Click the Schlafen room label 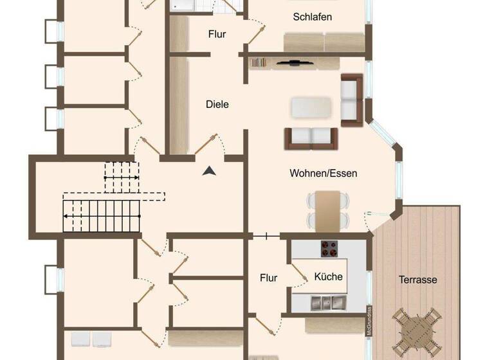tap(312, 17)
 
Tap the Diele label tap(217, 104)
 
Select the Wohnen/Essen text tap(323, 173)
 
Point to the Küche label tap(328, 276)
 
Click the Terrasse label tap(417, 280)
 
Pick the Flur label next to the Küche tap(268, 278)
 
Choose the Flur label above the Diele tap(217, 34)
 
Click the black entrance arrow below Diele tap(208, 170)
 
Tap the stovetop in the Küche tap(329, 248)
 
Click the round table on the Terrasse tap(417, 329)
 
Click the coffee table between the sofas tap(311, 107)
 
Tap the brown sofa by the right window tap(352, 100)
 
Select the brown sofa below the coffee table tap(311, 137)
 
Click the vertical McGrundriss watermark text tap(370, 320)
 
